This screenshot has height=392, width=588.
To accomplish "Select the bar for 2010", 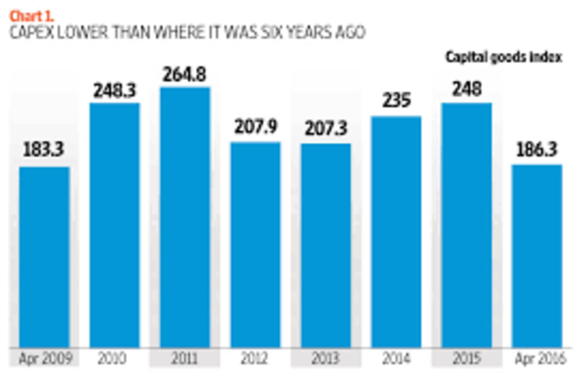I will pos(115,225).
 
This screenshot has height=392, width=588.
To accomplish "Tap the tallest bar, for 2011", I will pos(185,217).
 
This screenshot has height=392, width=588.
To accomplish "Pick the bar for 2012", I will pos(255,245).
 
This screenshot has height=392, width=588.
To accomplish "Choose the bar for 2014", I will pos(396,231).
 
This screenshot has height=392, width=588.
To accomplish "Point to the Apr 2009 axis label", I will pos(44,357).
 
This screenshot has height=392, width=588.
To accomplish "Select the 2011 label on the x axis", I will pos(185,357).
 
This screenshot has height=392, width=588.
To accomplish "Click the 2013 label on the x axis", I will pos(325,357).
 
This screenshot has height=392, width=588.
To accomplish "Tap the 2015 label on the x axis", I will pos(466,357).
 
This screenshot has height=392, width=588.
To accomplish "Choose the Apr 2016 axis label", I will pos(537,357).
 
